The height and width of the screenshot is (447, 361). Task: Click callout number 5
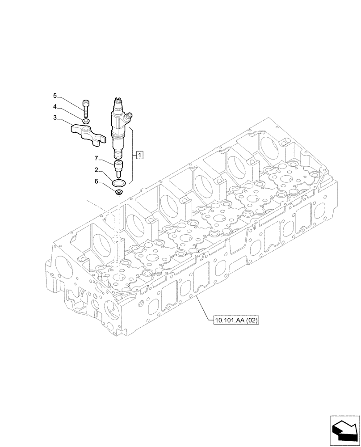[x=55, y=96]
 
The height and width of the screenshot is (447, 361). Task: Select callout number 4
[x=55, y=107]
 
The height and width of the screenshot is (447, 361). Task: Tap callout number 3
[x=55, y=118]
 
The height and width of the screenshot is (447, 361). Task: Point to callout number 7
[x=96, y=158]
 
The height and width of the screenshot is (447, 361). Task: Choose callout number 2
[x=96, y=170]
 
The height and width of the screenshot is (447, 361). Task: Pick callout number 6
[x=96, y=181]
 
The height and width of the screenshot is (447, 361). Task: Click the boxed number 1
[x=140, y=155]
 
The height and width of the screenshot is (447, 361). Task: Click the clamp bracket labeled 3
[x=89, y=134]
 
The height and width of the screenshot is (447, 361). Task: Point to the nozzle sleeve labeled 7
[x=120, y=168]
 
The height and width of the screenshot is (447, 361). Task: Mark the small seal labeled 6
[x=119, y=192]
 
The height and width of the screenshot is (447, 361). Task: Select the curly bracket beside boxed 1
[x=133, y=155]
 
